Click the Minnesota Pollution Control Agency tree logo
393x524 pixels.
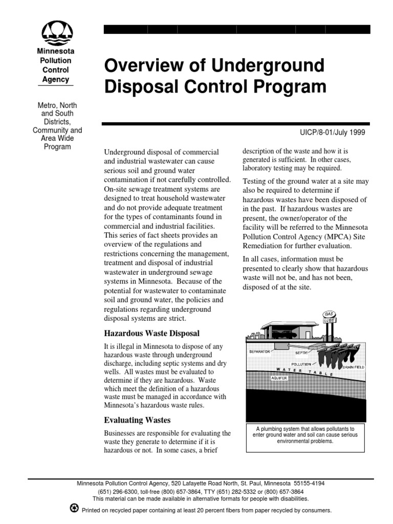pos(55,33)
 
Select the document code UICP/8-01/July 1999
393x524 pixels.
pos(332,132)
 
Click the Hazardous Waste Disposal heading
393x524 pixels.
pos(151,333)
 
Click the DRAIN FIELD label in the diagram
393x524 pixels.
pos(354,367)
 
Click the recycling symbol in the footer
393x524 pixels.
pos(74,509)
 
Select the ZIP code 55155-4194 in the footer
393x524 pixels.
pos(309,483)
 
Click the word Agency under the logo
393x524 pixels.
pos(55,79)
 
